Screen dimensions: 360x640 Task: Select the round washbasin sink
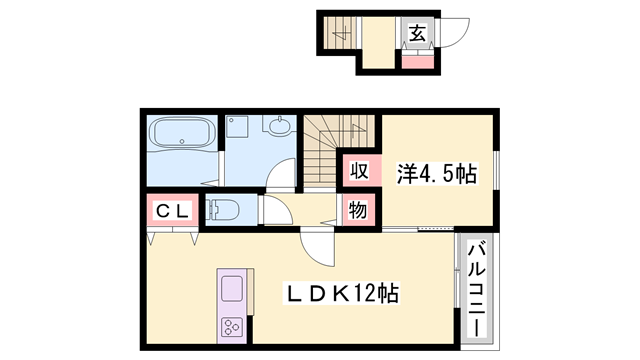279,128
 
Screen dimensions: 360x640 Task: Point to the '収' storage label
358,171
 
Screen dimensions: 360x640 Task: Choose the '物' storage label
358,210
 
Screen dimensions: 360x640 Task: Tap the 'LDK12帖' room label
342,295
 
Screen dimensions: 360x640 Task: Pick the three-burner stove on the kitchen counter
232,327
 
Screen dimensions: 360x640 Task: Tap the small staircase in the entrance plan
339,37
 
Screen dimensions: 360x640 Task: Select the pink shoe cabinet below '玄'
417,59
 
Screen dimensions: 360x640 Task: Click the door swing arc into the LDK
313,245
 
